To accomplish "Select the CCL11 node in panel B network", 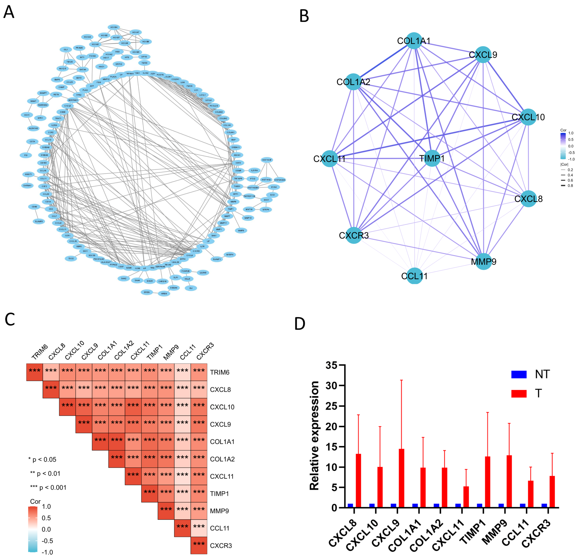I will (414, 276).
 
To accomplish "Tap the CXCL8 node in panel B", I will (529, 199).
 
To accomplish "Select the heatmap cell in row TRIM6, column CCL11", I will (182, 372).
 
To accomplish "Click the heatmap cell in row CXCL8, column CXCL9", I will (84, 389).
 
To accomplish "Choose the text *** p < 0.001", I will (48, 488).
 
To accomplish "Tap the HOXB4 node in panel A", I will (114, 27).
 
